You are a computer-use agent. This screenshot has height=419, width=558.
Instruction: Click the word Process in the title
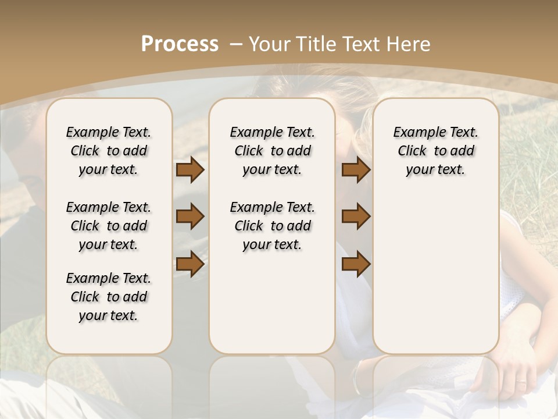click(x=180, y=44)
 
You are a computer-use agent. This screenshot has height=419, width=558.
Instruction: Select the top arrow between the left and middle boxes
click(x=190, y=170)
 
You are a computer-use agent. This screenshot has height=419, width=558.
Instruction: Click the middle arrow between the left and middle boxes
click(x=190, y=217)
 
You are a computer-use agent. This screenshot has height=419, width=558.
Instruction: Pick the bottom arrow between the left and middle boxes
click(x=190, y=265)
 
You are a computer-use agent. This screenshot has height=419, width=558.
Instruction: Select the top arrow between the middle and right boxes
click(x=356, y=170)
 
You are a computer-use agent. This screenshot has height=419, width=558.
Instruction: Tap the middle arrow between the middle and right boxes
click(x=356, y=217)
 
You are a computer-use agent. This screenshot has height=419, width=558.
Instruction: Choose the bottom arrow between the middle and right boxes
click(x=356, y=265)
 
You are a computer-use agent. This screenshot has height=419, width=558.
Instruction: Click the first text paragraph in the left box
click(x=109, y=151)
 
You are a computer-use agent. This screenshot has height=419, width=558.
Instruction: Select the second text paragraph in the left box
click(x=109, y=226)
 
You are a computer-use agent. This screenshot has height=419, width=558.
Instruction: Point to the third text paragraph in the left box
click(x=109, y=297)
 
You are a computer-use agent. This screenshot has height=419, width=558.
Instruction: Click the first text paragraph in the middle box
click(x=273, y=151)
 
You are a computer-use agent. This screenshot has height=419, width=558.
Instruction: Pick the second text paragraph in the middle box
click(x=273, y=226)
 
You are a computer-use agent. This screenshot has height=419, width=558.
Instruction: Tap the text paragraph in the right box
click(x=436, y=151)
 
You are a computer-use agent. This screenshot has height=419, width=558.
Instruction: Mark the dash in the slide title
click(x=235, y=44)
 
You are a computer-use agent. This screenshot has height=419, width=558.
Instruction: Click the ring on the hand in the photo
click(x=521, y=382)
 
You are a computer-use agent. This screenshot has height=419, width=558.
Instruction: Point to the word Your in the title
click(x=268, y=44)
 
